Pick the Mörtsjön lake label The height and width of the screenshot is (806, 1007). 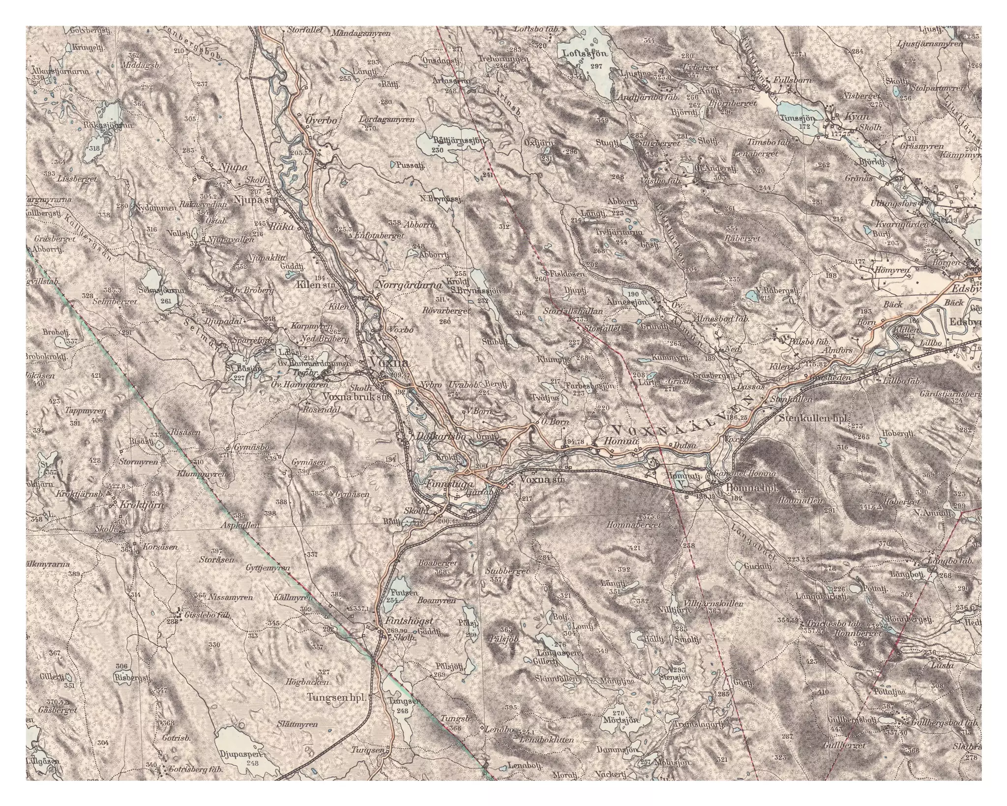tap(621, 733)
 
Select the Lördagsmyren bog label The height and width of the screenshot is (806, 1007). tap(387, 120)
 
